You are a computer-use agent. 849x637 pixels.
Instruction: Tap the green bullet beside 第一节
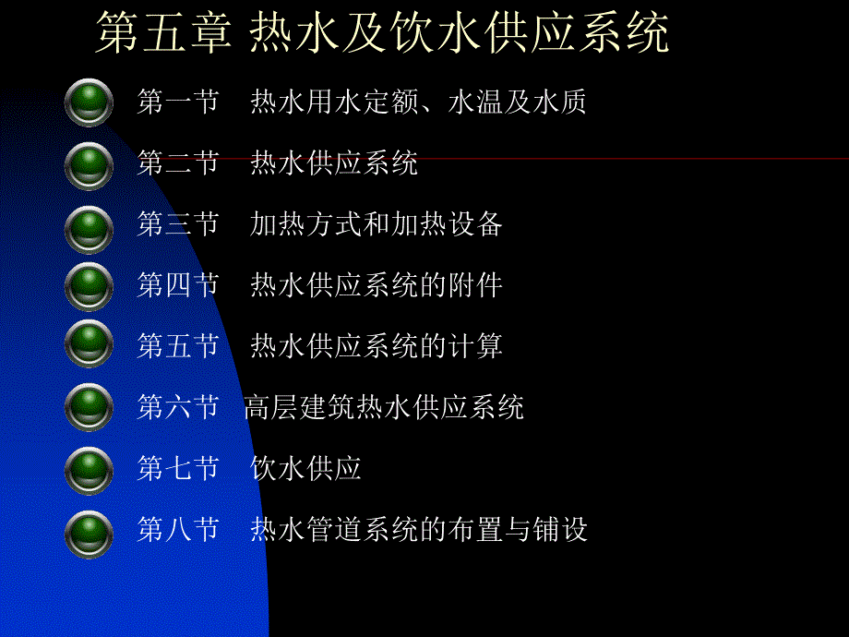90,102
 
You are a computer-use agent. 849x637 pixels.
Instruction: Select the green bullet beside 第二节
90,163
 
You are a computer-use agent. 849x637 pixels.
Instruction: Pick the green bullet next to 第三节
90,224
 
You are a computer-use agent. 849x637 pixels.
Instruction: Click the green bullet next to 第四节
90,285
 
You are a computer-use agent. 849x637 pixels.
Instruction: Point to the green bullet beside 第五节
90,346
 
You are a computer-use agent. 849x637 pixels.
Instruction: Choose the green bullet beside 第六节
90,407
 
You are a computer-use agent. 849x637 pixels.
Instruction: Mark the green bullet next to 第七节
90,469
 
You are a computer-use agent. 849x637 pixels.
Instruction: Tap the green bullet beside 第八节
90,530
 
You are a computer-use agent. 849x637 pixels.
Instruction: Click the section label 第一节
177,102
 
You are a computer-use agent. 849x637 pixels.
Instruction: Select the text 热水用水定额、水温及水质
418,102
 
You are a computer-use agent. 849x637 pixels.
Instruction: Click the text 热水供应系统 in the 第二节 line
334,163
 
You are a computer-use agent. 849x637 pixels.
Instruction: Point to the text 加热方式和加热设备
376,224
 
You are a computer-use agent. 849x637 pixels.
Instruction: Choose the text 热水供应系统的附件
376,285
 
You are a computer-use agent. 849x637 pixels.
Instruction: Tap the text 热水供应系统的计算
376,346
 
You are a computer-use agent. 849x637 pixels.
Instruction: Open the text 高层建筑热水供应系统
384,407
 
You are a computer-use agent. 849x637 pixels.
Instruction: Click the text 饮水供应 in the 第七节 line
305,469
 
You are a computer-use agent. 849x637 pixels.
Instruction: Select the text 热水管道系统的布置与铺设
418,530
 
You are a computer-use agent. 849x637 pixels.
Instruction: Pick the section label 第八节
177,530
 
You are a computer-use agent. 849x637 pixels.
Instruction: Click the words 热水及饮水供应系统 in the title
460,35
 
